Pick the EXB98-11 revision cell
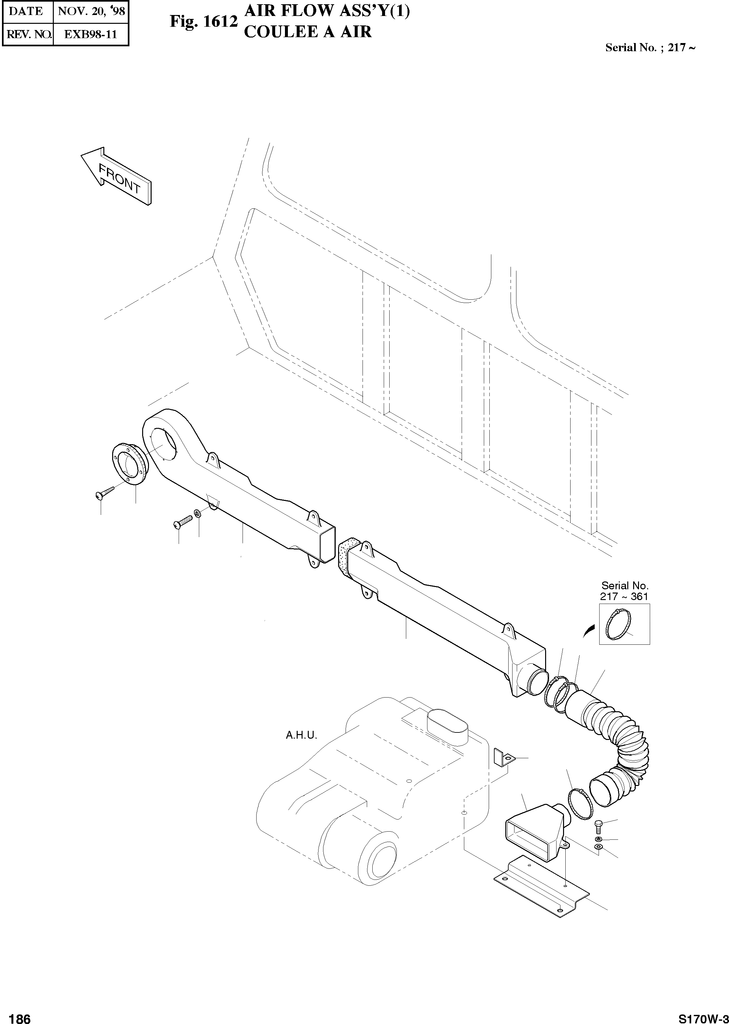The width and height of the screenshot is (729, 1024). (x=91, y=35)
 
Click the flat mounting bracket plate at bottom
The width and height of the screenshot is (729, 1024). (x=541, y=887)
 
